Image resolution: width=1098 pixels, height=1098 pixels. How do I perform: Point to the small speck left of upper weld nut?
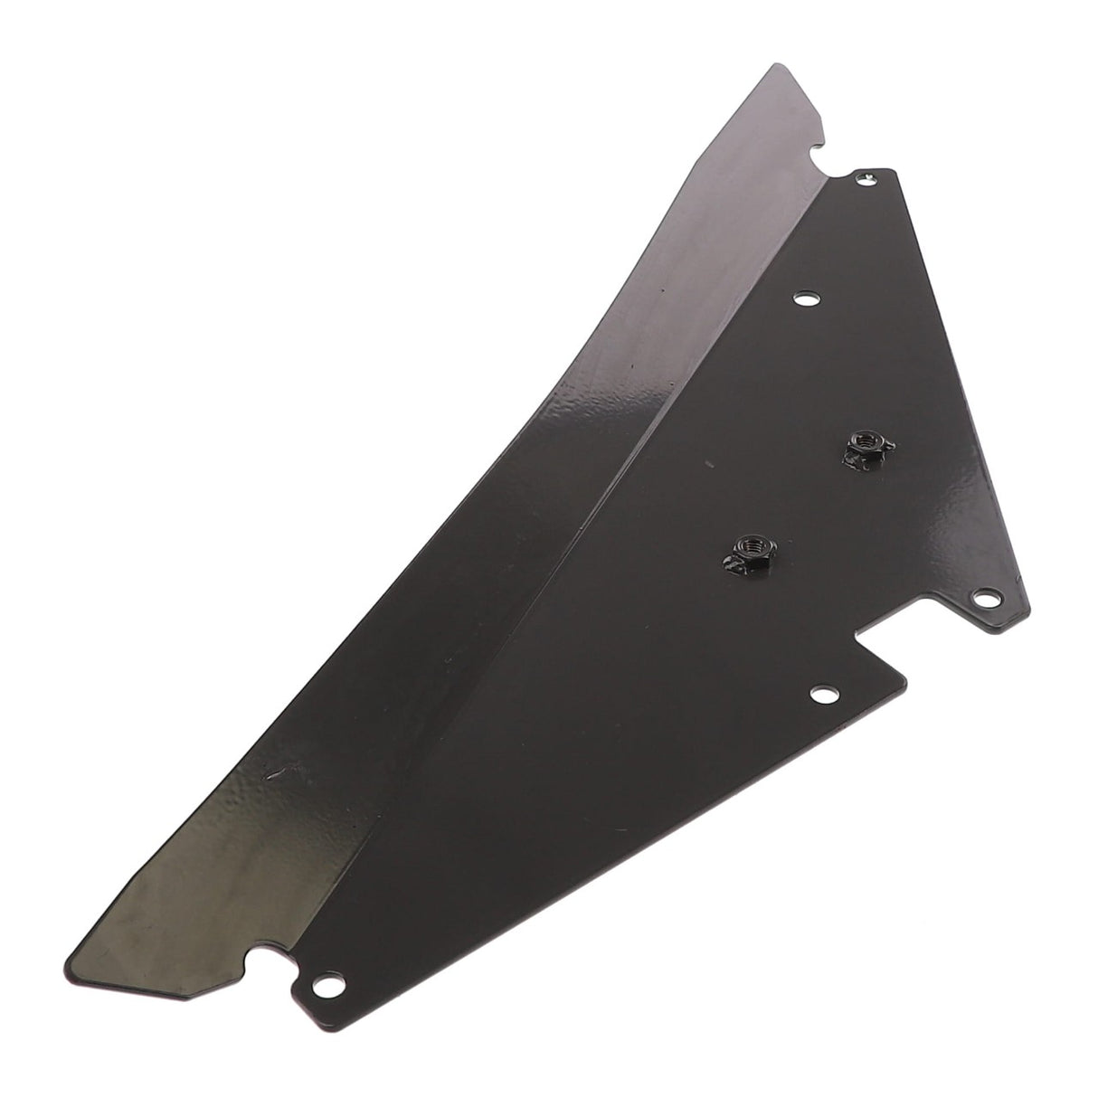[x=702, y=463]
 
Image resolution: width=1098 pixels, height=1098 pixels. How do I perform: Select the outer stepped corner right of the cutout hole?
[x=904, y=676]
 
